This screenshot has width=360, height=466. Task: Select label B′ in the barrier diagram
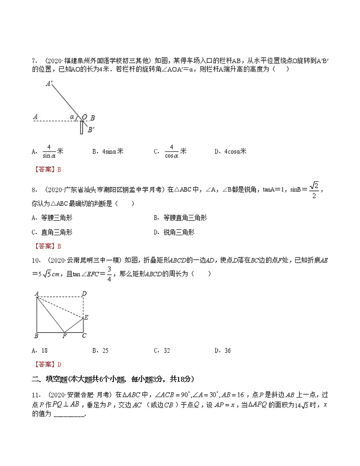[x=91, y=130]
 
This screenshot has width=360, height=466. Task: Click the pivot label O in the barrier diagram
[x=84, y=117]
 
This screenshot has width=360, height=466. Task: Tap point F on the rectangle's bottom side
[x=64, y=336]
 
